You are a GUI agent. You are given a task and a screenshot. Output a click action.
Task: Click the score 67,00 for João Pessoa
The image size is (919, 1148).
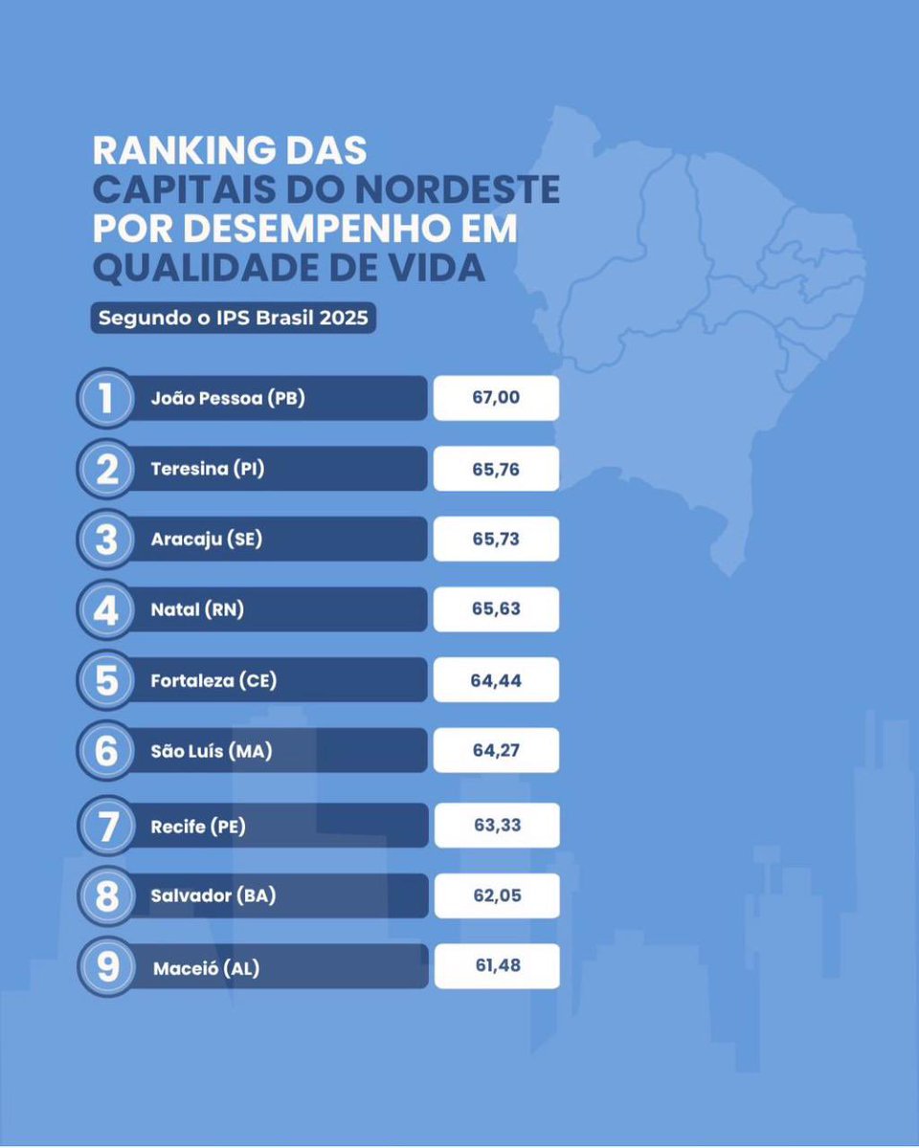click(x=496, y=398)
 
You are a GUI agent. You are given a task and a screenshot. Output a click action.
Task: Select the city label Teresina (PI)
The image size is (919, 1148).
click(x=204, y=469)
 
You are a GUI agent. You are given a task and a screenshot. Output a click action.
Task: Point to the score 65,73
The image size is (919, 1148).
click(x=496, y=539)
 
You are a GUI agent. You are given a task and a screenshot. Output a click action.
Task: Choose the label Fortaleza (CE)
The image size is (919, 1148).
click(x=213, y=680)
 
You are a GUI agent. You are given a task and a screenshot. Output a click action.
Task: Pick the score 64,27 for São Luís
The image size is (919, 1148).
click(x=496, y=750)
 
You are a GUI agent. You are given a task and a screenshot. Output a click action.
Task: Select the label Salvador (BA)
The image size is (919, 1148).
click(x=213, y=896)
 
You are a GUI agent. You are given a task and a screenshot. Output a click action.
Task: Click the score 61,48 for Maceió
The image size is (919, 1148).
click(x=496, y=966)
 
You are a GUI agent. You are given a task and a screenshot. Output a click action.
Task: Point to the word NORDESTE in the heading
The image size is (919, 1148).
click(x=467, y=189)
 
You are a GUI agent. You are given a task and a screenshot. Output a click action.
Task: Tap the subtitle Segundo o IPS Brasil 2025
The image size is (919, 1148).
click(x=234, y=319)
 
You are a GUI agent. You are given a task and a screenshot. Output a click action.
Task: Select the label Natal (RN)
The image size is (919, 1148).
click(x=197, y=609)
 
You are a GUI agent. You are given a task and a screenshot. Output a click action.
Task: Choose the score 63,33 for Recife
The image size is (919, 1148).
click(x=496, y=825)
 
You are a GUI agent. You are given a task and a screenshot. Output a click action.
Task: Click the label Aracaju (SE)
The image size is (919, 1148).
click(x=206, y=539)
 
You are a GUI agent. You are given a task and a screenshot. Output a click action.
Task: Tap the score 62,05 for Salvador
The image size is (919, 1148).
click(x=496, y=896)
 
